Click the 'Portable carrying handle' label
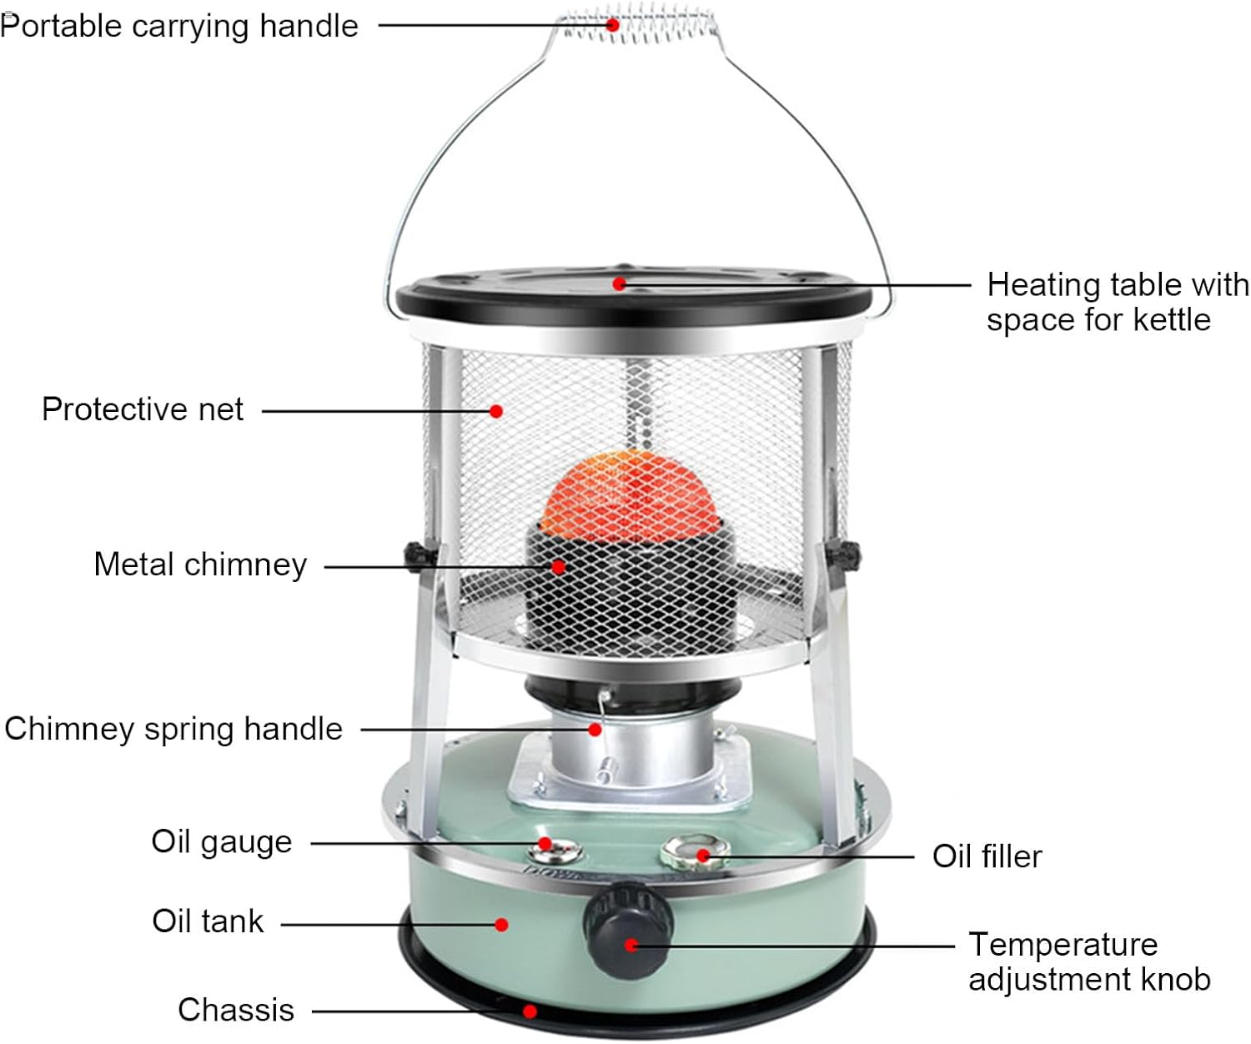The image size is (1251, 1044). (x=179, y=26)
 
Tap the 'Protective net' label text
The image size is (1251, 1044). (x=143, y=409)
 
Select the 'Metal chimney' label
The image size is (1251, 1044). (x=200, y=565)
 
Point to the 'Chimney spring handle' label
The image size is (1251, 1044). (x=173, y=729)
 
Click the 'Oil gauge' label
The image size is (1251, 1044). (x=222, y=841)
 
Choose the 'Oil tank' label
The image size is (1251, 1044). (x=208, y=921)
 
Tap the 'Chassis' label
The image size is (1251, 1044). (x=236, y=1010)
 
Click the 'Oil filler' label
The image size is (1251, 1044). (x=987, y=856)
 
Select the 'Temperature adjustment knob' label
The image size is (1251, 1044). (x=1089, y=961)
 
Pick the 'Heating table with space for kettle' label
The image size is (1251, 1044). (x=1118, y=302)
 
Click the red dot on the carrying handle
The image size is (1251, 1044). (x=613, y=25)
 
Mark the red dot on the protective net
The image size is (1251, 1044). (x=496, y=411)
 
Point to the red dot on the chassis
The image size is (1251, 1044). (x=530, y=1011)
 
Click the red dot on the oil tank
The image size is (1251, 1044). (x=501, y=924)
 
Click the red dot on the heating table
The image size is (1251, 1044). (x=619, y=284)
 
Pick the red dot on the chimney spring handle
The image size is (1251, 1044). (x=595, y=730)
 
